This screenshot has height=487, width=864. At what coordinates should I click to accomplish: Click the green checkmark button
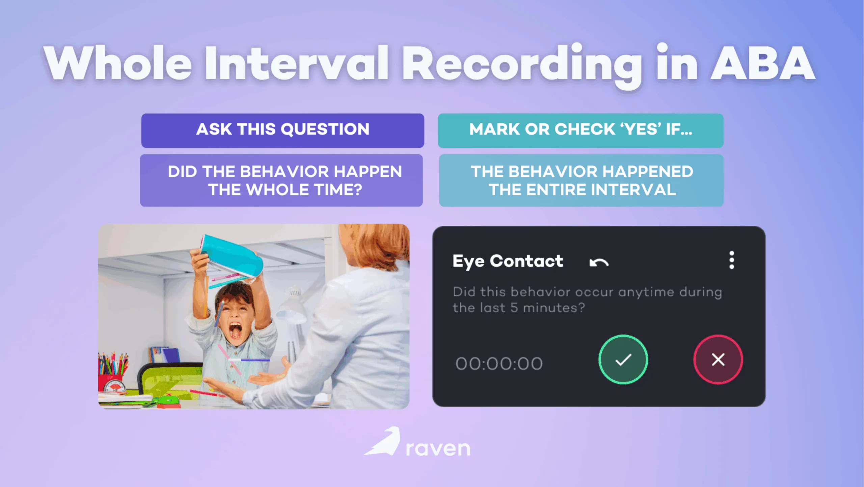(x=623, y=359)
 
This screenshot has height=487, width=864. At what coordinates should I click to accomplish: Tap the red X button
(x=718, y=359)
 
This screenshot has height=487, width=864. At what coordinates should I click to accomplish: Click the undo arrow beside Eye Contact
(x=599, y=262)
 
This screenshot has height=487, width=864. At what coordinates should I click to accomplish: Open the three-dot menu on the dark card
(x=731, y=260)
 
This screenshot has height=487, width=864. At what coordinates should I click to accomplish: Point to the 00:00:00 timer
(x=499, y=364)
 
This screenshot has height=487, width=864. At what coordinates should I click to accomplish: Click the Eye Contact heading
(x=508, y=261)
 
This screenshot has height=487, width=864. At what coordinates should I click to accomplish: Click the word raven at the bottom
(x=438, y=448)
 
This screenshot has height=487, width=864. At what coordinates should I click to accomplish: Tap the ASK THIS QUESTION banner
(x=282, y=130)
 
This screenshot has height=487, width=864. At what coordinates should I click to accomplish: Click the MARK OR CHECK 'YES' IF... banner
(x=580, y=130)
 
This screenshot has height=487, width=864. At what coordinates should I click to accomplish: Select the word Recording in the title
(x=521, y=64)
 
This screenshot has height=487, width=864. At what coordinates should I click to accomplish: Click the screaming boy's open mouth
(x=236, y=330)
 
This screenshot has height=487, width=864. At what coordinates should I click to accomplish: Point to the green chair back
(x=169, y=379)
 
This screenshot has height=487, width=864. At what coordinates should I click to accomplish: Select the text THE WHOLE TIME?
(x=285, y=190)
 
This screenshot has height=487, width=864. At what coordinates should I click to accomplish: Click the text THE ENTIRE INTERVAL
(x=582, y=190)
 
